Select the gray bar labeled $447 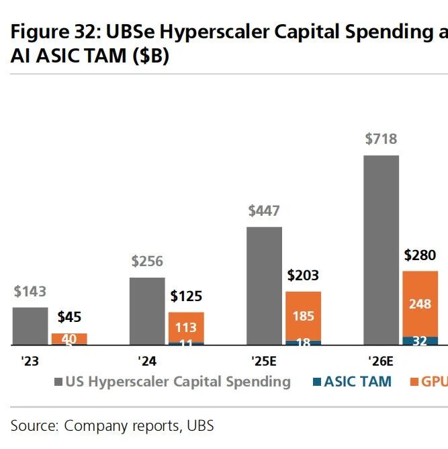pos(265,286)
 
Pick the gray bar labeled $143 pos(30,326)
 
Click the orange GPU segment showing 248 pos(420,303)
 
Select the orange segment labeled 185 pos(303,315)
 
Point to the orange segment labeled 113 pos(186,327)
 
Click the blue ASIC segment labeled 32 pos(420,341)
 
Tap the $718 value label pos(381,139)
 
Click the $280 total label pos(420,255)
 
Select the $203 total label pos(303,276)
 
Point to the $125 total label pos(186,296)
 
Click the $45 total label pos(69,317)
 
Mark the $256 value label pos(147,261)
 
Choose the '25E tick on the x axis pos(263,361)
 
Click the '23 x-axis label pos(30,361)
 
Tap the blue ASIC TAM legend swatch pos(317,382)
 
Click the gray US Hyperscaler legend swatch pos(58,382)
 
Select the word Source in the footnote pos(34,425)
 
